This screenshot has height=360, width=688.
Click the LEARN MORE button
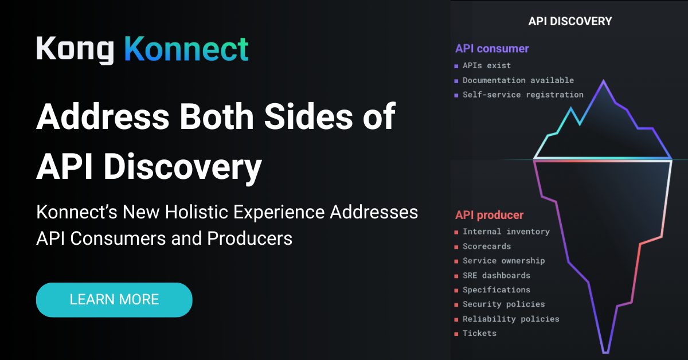(114, 299)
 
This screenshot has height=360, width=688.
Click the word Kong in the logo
(75, 50)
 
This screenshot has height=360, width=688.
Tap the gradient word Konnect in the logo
(186, 50)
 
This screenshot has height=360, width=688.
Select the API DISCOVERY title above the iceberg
(570, 21)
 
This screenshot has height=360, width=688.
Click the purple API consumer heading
(492, 49)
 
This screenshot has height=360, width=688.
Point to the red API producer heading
(489, 215)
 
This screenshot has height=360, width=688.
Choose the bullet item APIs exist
(486, 66)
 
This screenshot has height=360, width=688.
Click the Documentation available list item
(518, 80)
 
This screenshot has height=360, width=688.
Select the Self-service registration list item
(522, 95)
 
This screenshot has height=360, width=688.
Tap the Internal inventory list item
(506, 232)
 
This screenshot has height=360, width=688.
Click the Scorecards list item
(486, 246)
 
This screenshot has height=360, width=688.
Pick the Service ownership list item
(503, 260)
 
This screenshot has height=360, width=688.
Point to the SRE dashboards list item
(496, 275)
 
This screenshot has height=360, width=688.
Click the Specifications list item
(496, 289)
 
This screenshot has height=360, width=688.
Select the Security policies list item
(503, 304)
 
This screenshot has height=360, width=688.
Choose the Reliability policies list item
(510, 319)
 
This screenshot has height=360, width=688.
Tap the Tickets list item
(479, 333)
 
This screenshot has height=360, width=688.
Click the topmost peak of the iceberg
(603, 81)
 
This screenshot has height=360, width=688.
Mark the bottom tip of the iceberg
(605, 351)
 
